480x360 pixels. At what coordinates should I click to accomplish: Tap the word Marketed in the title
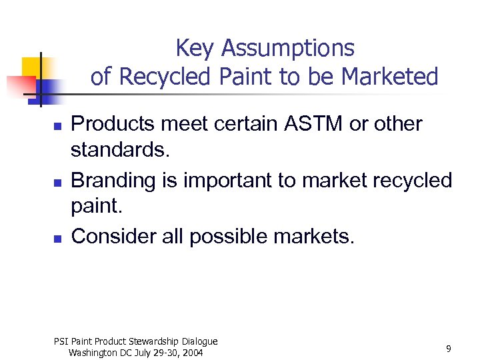tap(390, 77)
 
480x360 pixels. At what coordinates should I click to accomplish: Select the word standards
tap(120, 151)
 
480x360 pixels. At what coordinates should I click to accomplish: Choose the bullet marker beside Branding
tap(58, 181)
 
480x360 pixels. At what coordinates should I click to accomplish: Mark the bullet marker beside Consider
tap(58, 237)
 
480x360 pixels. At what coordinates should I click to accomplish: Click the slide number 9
tap(449, 349)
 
